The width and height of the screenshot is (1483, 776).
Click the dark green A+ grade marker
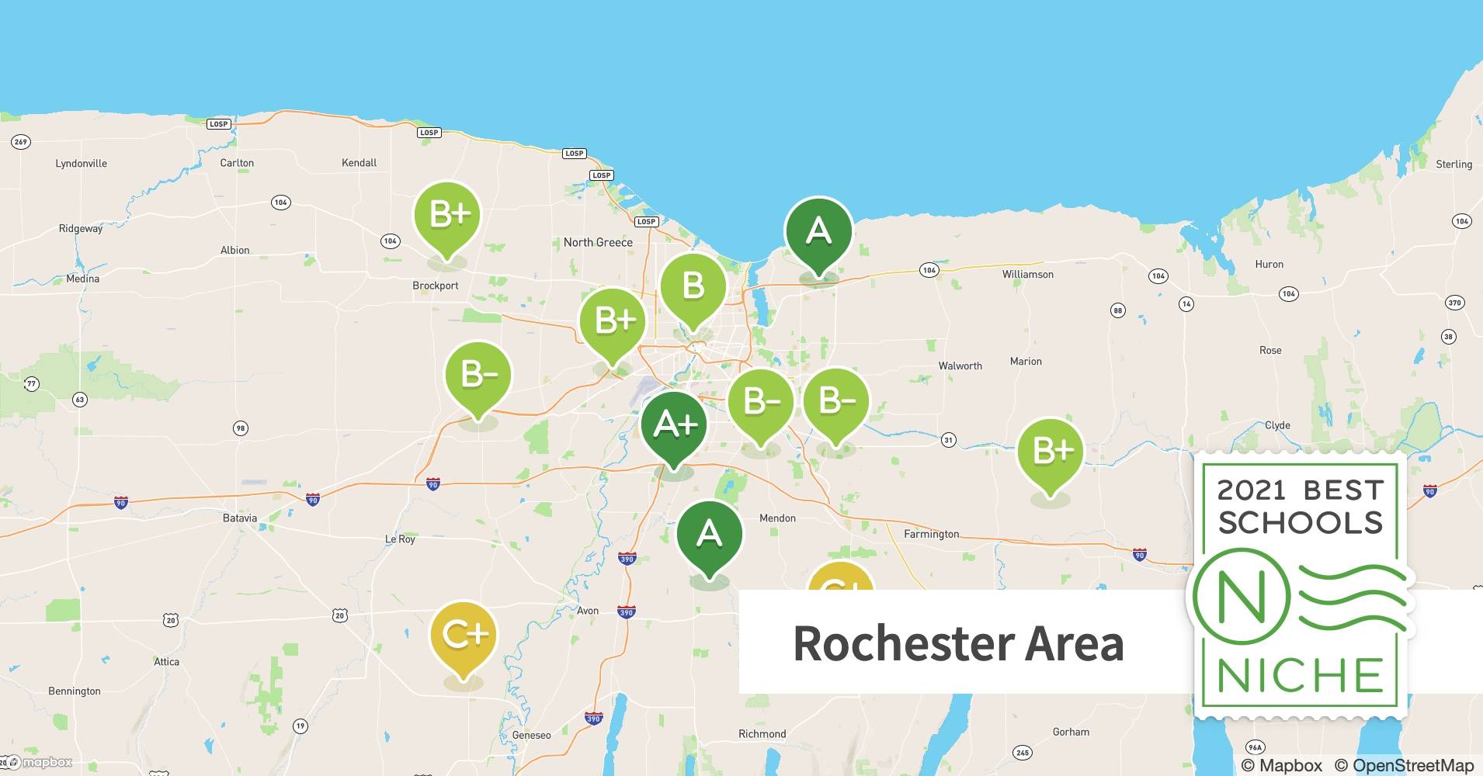pos(674,425)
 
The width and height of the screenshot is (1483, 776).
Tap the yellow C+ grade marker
pos(464,636)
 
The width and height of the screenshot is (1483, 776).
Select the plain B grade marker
pos(693,286)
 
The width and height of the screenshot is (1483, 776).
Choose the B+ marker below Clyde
pos(1051,451)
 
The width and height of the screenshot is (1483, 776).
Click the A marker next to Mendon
pos(709,535)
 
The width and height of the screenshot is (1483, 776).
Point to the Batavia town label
pos(239,518)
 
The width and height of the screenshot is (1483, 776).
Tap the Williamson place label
pos(1027,275)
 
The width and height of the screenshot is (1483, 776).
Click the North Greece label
pos(598,243)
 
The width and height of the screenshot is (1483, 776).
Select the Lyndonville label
pos(82,164)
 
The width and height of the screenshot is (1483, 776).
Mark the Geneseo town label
pos(531,735)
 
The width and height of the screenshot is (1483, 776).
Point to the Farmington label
pos(931,534)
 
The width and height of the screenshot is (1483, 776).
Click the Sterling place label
pos(1453,165)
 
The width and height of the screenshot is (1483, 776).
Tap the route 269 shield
pos(21,142)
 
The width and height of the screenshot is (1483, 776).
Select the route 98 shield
pos(241,428)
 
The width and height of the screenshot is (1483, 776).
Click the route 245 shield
pos(1023,752)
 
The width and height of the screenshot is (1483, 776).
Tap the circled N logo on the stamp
pos(1241,597)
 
